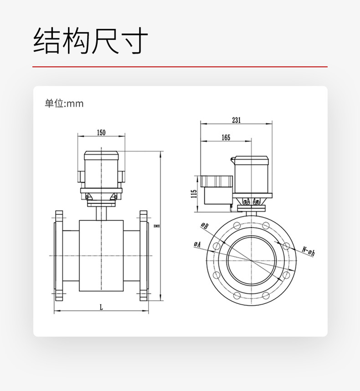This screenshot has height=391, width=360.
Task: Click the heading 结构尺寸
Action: (91, 41)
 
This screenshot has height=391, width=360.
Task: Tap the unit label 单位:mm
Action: (64, 104)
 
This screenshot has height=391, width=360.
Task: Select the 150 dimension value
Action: (101, 133)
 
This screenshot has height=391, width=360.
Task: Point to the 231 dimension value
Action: (236, 120)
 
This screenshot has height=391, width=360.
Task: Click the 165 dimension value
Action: (226, 137)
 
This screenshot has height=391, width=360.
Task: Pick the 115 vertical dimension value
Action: (194, 193)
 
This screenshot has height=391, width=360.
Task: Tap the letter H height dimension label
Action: (156, 226)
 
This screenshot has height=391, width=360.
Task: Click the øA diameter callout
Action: (197, 245)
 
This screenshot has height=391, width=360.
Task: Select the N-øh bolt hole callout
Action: (309, 250)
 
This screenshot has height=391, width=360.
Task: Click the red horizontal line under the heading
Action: (180, 67)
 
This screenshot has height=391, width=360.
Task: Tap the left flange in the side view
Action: (59, 256)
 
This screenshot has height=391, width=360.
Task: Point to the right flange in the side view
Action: (144, 256)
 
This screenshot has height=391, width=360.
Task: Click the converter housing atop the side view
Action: (101, 171)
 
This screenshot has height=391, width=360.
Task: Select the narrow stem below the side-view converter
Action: (101, 213)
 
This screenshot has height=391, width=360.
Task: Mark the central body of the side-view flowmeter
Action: (101, 258)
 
